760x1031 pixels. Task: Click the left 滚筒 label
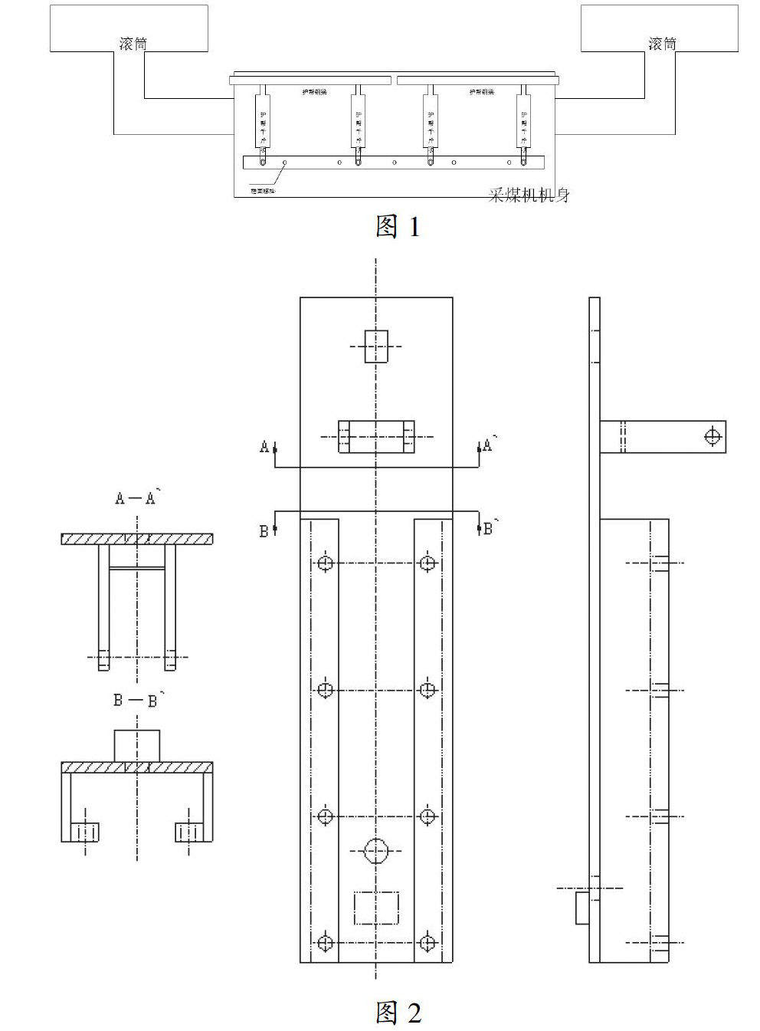coord(133,44)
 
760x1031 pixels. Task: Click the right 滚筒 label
coord(663,44)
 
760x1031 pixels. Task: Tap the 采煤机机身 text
coord(529,195)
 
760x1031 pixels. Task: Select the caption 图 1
coord(398,226)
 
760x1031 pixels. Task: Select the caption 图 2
coord(398,1013)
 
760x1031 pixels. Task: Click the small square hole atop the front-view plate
coord(376,346)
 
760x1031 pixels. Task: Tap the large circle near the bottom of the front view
coord(376,849)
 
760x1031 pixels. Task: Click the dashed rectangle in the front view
coord(376,908)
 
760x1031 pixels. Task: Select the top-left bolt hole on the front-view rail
coord(326,563)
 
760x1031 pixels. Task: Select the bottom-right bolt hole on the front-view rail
coord(427,942)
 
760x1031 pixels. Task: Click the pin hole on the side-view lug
coord(713,437)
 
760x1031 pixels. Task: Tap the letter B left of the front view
coord(264,531)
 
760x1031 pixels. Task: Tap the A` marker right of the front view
coord(488,445)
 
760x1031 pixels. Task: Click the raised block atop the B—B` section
coord(137,746)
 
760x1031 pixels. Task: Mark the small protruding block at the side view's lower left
coord(582,908)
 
